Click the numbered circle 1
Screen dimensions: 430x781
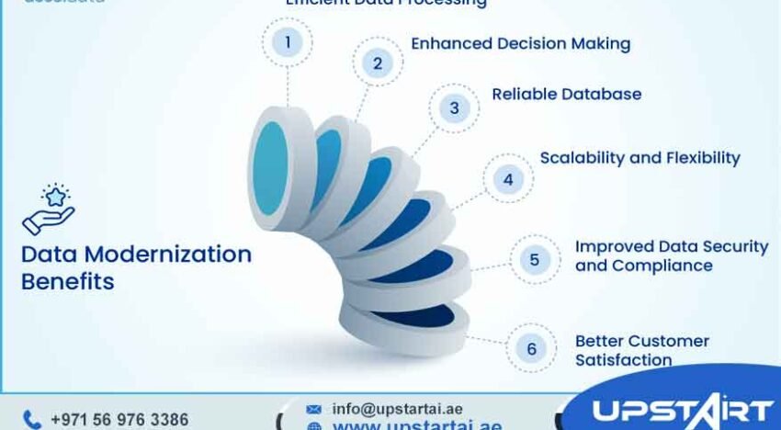288,41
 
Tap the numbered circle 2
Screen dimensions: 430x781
377,62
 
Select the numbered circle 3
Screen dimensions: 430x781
454,108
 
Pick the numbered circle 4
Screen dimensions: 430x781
508,178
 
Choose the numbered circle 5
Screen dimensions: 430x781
535,259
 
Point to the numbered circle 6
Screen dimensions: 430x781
531,349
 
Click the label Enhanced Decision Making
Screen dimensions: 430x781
520,43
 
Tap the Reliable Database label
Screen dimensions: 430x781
566,94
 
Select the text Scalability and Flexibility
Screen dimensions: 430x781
640,157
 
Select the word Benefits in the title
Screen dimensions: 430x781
68,281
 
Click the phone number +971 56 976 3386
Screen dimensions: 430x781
119,420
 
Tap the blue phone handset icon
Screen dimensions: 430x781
32,420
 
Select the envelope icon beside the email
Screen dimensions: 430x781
313,409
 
